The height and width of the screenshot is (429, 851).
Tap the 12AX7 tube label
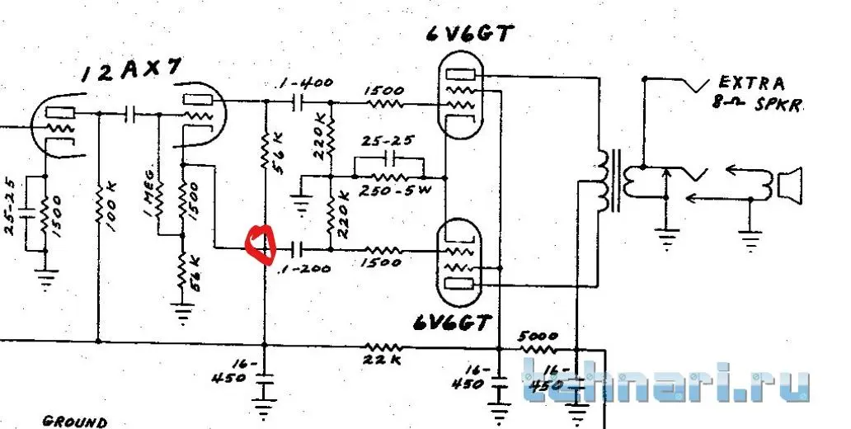[x=130, y=72]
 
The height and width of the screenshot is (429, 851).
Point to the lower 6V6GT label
[x=452, y=323]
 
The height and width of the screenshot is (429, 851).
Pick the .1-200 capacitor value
[x=304, y=268]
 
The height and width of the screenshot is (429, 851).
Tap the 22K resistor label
[x=383, y=360]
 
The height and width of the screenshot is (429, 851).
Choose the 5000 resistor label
[x=538, y=336]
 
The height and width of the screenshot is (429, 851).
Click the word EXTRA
[x=752, y=82]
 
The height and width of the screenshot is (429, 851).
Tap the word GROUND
[x=74, y=422]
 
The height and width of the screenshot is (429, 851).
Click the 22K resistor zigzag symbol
[x=383, y=346]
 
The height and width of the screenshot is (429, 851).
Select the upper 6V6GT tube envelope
[x=459, y=97]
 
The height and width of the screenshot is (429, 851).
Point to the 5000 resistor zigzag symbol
[x=537, y=349]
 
